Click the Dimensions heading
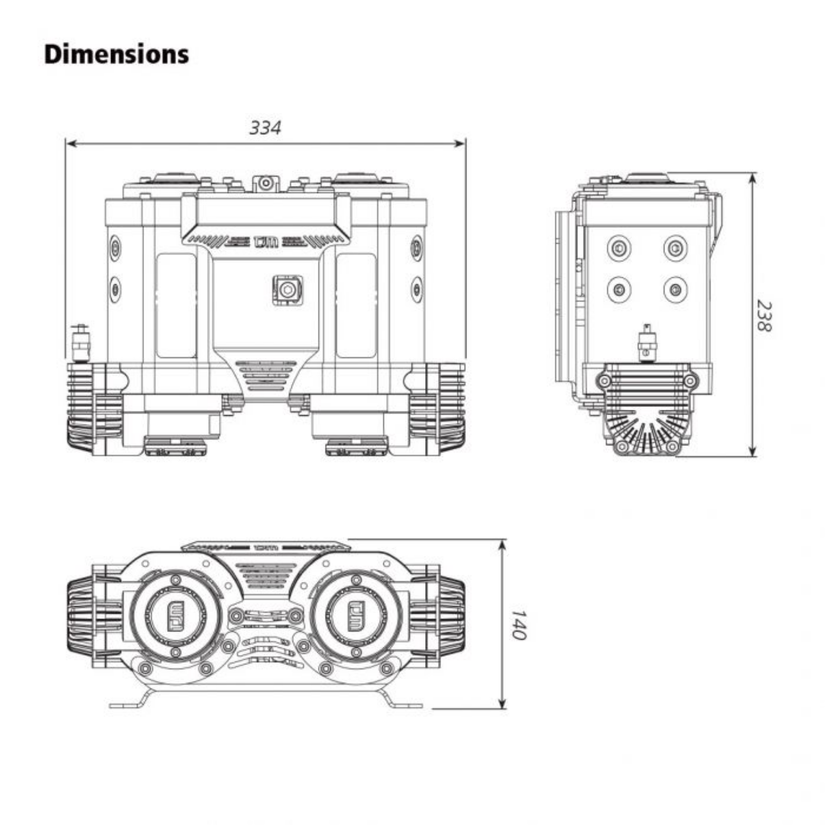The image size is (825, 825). (x=116, y=54)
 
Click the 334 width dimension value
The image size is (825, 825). (x=265, y=128)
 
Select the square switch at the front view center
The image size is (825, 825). (x=287, y=289)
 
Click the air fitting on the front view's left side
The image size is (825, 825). (x=81, y=342)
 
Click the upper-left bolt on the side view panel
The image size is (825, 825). (x=619, y=249)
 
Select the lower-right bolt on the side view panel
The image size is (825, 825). (x=675, y=289)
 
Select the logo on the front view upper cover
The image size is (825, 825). (x=266, y=241)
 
